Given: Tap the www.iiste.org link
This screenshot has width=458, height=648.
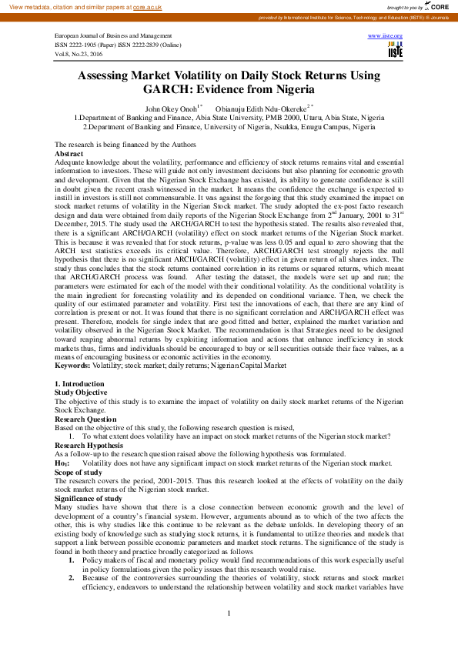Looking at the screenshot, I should pos(386,36).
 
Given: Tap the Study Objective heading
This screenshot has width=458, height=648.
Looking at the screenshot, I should pos(80,392).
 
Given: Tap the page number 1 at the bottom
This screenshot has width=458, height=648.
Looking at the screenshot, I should pos(229,613).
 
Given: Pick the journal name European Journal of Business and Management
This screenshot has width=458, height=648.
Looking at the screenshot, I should pos(113,36).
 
